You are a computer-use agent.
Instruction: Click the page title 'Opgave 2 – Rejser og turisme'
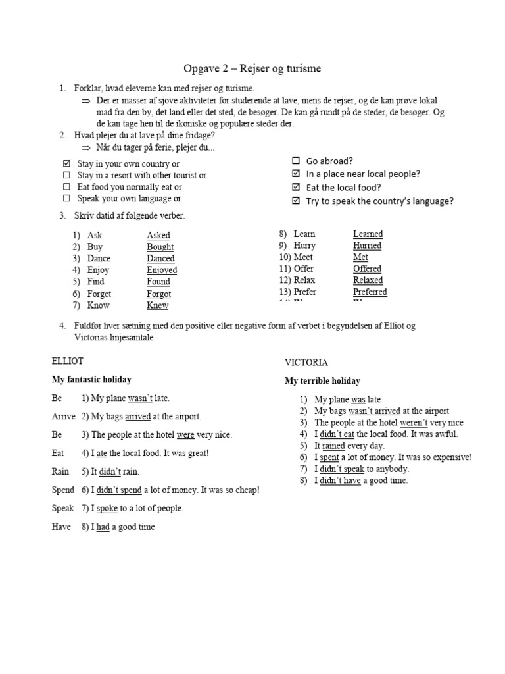(252, 69)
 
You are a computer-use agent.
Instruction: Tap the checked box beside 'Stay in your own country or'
(66, 164)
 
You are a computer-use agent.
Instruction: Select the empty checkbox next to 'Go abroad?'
(296, 161)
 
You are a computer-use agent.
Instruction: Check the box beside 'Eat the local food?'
(296, 188)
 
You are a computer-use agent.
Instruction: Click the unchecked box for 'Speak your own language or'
(66, 199)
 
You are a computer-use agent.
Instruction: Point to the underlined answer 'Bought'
(160, 247)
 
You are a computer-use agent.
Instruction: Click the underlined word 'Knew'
(158, 305)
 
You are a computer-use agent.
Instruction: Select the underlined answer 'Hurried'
(367, 246)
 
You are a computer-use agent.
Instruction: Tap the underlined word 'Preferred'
(370, 292)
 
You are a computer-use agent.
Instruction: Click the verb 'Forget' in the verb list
(99, 294)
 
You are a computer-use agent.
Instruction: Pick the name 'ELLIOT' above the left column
(68, 361)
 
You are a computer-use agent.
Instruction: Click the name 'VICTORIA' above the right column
(306, 363)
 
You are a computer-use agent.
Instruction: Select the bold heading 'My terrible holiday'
(322, 381)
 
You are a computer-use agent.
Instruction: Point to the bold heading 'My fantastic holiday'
(91, 380)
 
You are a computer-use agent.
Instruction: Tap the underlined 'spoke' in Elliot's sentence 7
(107, 508)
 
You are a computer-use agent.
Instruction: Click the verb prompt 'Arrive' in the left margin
(64, 417)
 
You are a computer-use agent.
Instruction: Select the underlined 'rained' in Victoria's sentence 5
(333, 446)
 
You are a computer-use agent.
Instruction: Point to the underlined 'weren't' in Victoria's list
(413, 423)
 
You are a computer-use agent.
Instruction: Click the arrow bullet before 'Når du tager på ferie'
(85, 147)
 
